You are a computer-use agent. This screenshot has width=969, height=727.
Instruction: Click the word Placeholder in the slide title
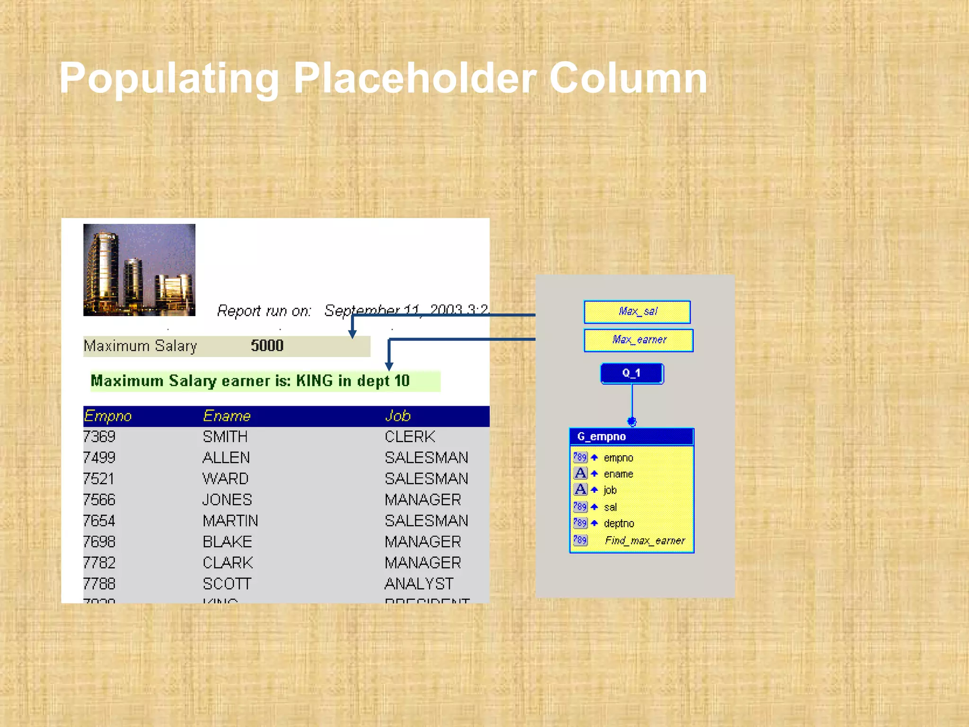415,78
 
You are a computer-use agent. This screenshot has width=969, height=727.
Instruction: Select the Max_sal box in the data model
637,312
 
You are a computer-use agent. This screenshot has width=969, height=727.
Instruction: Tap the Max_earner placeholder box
638,340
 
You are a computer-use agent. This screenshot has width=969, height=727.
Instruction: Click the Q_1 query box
632,373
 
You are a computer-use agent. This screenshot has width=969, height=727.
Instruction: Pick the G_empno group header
631,436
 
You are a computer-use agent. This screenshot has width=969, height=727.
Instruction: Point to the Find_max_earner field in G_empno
644,541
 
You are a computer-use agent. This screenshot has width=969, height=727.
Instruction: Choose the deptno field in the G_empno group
619,523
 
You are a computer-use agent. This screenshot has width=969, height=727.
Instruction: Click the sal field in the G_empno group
610,507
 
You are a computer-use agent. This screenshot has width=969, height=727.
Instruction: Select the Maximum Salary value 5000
267,346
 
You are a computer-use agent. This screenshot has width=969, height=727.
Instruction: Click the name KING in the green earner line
315,381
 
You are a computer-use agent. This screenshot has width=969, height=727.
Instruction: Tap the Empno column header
108,416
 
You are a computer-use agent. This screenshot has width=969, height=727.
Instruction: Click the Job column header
397,416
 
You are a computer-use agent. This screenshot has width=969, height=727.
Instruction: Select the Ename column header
227,416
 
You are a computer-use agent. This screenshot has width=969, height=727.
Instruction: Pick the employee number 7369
99,436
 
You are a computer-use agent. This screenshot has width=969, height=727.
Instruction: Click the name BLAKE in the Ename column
227,541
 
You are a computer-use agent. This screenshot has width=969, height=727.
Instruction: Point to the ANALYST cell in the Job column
419,584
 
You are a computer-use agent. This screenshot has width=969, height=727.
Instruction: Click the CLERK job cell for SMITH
410,436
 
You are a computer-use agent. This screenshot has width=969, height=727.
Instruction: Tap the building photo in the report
139,270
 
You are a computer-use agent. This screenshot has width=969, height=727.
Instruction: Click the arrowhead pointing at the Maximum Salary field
352,334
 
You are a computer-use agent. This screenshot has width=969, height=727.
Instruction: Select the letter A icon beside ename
581,473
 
